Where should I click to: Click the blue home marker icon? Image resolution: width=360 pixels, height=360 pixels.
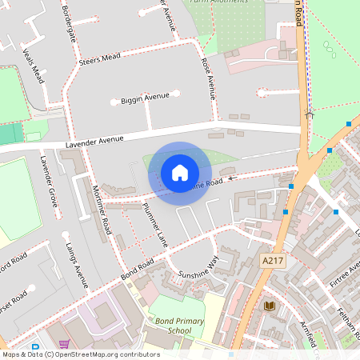tap(180, 172)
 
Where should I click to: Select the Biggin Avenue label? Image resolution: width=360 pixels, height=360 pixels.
tap(145, 98)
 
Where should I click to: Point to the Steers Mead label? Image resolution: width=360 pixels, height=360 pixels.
tap(99, 58)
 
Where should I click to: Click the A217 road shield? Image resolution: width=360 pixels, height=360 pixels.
tap(273, 261)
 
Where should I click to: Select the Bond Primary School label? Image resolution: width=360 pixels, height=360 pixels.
tap(170, 326)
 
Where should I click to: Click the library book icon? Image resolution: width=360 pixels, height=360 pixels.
tap(270, 306)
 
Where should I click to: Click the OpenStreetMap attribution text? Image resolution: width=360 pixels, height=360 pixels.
tap(81, 354)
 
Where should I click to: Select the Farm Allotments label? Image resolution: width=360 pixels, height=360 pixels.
tap(214, 3)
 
